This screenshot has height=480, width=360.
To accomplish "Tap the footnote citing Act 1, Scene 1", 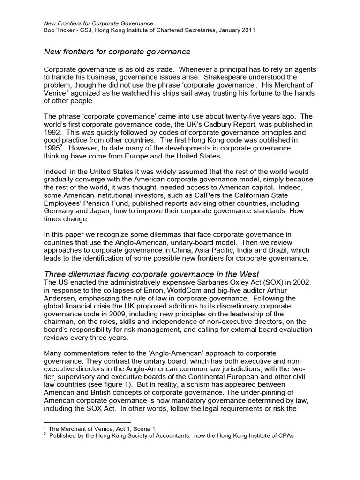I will [x=101, y=428].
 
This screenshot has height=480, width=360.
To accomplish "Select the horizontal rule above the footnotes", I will [x=87, y=422].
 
